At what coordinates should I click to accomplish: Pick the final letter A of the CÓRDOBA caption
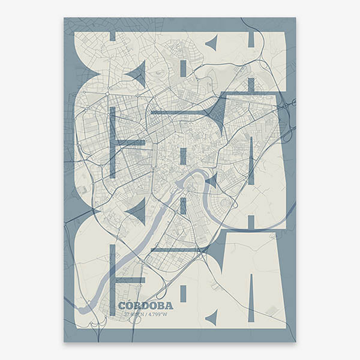168,305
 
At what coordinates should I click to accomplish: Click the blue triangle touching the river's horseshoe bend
212,179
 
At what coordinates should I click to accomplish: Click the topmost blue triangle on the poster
211,43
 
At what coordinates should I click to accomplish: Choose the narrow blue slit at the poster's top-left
112,36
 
